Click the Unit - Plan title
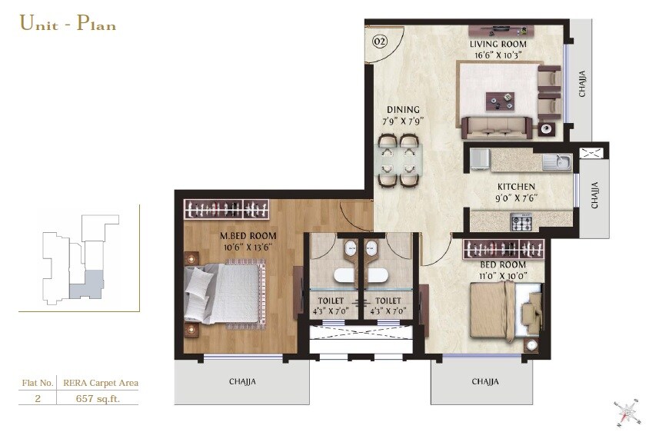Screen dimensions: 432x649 click(x=68, y=23)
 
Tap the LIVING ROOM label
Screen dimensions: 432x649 click(x=498, y=45)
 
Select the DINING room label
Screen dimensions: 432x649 click(x=403, y=110)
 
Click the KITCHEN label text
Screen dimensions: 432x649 click(x=515, y=187)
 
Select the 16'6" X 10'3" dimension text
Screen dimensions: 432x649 click(x=498, y=55)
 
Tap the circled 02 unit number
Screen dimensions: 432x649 click(x=379, y=42)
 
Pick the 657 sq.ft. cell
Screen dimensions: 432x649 click(x=97, y=398)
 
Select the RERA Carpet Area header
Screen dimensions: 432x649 click(x=100, y=382)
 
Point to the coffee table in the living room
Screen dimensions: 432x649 click(x=500, y=100)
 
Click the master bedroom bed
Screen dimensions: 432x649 click(x=223, y=292)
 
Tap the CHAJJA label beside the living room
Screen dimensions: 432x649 click(x=582, y=83)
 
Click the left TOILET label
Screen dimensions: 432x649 click(x=333, y=301)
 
